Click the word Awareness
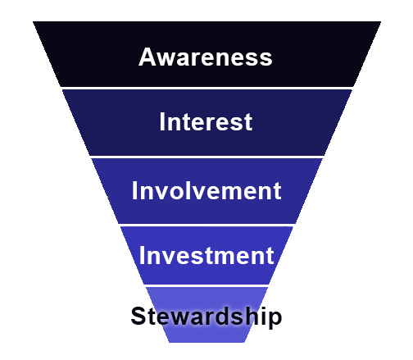(206, 57)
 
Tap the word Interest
(206, 121)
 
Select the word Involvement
(206, 190)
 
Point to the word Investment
(206, 255)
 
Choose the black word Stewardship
(206, 317)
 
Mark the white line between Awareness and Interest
(207, 89)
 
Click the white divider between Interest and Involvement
(207, 157)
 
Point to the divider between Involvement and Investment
(206, 225)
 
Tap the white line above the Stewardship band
(206, 285)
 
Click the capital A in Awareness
(147, 57)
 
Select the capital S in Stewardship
(139, 316)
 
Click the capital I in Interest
(162, 121)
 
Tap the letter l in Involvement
(191, 190)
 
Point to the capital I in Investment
(142, 255)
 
